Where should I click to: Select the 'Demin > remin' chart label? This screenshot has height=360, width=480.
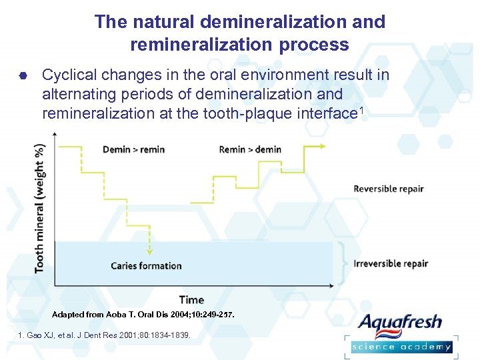tap(133, 149)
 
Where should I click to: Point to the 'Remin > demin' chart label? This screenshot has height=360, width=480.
tap(250, 149)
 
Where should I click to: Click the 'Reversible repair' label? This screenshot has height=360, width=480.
tap(388, 189)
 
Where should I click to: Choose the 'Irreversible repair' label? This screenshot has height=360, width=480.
tap(391, 263)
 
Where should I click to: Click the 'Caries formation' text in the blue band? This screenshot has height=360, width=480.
tap(146, 266)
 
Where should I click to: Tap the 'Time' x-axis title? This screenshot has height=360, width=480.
tap(191, 300)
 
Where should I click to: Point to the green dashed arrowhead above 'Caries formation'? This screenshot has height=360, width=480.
tap(150, 252)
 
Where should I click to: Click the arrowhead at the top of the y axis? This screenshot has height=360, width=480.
tap(55, 133)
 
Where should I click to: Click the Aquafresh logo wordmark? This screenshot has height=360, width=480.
tap(400, 323)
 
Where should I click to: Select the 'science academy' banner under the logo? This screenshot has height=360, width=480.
tap(401, 346)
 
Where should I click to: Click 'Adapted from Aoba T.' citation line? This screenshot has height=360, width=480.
tap(143, 314)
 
